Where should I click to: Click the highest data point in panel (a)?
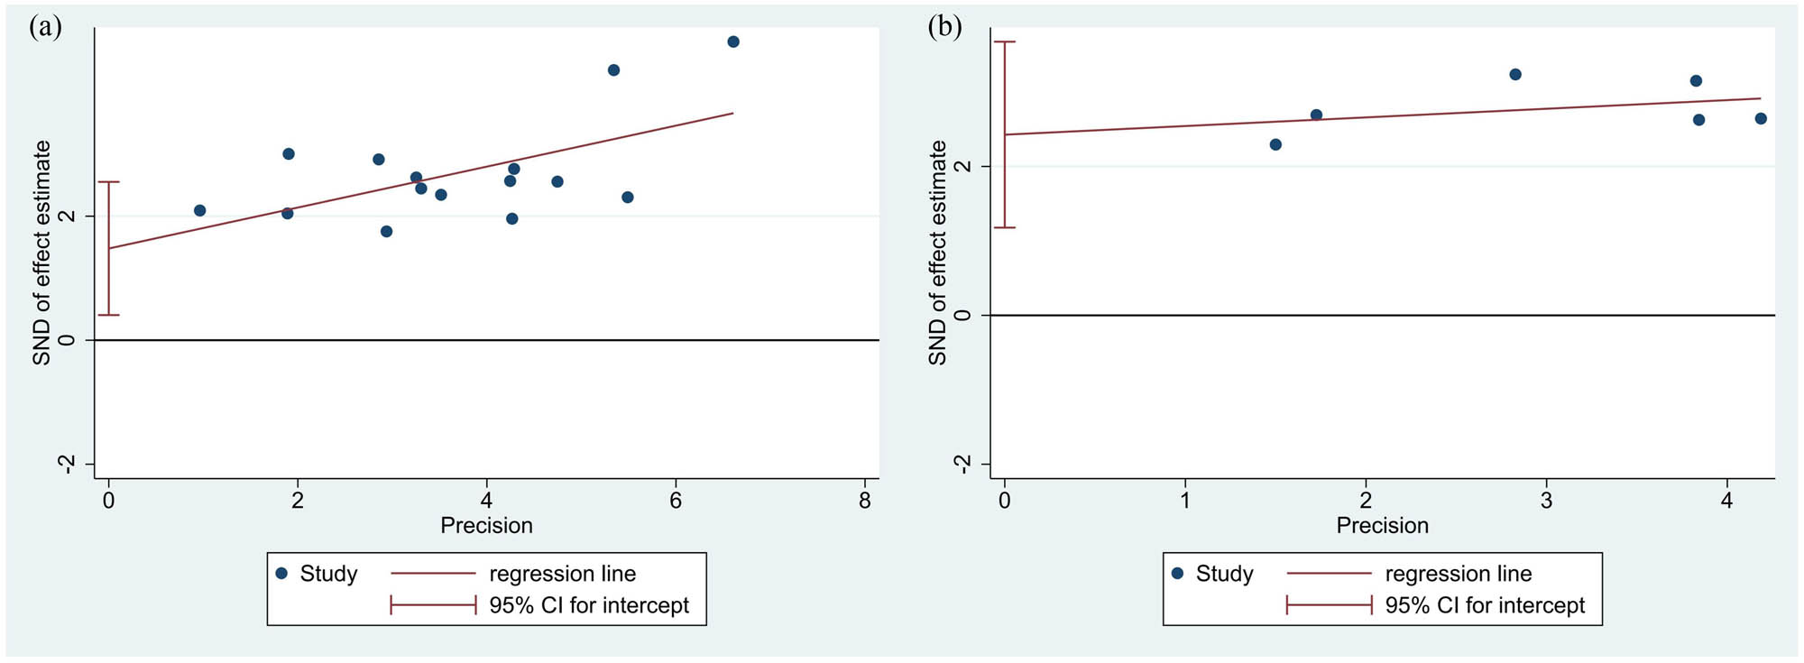pos(733,41)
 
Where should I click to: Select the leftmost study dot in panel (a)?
pos(200,210)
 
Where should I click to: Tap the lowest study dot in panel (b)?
pos(1275,144)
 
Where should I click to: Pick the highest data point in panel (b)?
pos(1515,75)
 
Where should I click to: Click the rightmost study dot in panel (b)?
pos(1761,118)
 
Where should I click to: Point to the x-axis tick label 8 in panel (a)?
pos(865,502)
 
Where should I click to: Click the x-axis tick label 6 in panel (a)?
pos(676,502)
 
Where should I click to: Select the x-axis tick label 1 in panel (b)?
pos(1185,502)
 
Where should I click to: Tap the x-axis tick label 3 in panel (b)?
pos(1546,502)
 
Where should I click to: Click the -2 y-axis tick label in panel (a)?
pos(67,464)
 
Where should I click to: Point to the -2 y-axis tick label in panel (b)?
pos(963,464)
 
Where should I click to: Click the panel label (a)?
pos(45,27)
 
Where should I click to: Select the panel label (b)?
pos(944,27)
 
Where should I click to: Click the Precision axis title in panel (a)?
pos(486,526)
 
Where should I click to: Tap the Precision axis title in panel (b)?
pos(1382,526)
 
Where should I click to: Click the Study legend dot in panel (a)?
pos(281,573)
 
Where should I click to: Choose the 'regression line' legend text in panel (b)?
pos(1458,574)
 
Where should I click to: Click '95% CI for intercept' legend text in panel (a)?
pos(588,605)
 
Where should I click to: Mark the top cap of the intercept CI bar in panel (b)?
pos(1005,41)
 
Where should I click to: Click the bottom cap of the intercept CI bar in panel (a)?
pos(108,315)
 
